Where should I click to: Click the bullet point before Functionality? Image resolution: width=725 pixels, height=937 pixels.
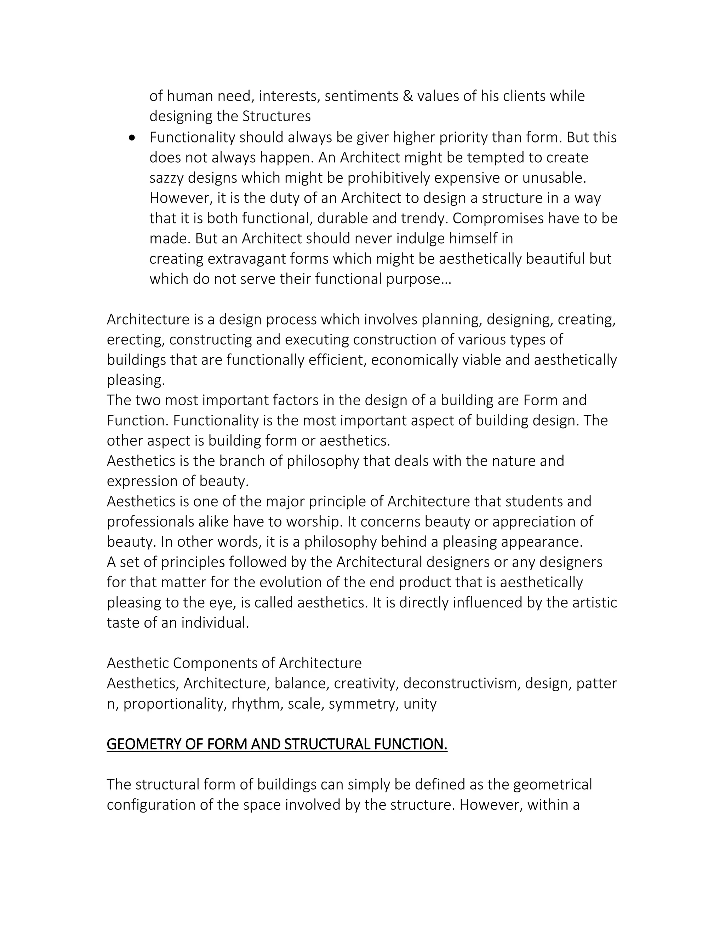(x=132, y=138)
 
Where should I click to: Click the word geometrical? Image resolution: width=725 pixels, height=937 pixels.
(x=552, y=784)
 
